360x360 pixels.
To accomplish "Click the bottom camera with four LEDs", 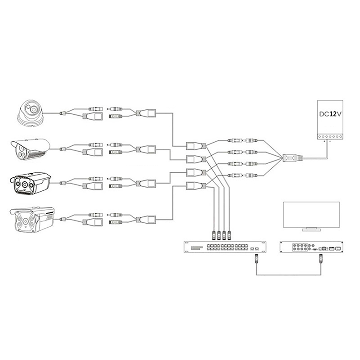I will pyautogui.click(x=32, y=220).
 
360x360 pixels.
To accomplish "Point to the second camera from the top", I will pyautogui.click(x=30, y=149).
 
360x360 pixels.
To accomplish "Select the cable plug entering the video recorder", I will pyautogui.click(x=321, y=258).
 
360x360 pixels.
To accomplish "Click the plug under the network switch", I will pyautogui.click(x=257, y=258).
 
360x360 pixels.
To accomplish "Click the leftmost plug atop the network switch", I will pyautogui.click(x=213, y=234).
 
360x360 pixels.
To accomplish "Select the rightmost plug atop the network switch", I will pyautogui.click(x=229, y=234).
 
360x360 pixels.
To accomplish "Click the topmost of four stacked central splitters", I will pyautogui.click(x=195, y=146).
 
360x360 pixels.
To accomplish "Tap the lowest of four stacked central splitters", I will pyautogui.click(x=195, y=185).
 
